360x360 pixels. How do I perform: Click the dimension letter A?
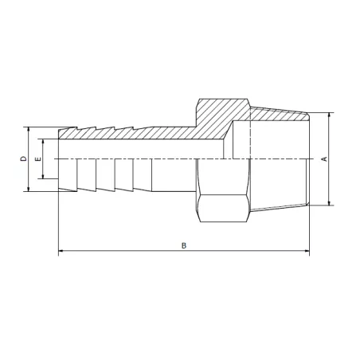pos(323,158)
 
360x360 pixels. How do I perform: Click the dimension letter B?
pos(184,246)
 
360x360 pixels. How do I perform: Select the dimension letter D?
pos(23,158)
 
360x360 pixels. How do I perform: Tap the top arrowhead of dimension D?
pos(30,127)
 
